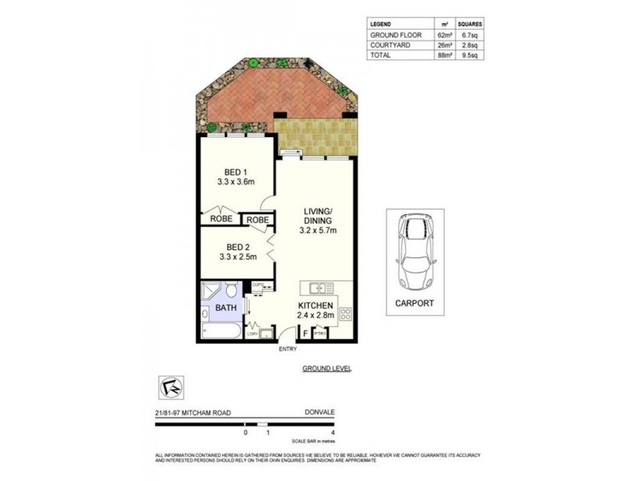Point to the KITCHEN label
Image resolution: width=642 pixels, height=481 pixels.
pyautogui.click(x=315, y=305)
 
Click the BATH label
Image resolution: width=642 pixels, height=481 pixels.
pyautogui.click(x=225, y=306)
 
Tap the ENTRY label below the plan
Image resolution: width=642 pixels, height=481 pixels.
pyautogui.click(x=287, y=349)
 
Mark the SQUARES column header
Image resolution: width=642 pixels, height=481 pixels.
pyautogui.click(x=470, y=25)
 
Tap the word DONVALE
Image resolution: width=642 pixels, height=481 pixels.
pyautogui.click(x=319, y=412)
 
